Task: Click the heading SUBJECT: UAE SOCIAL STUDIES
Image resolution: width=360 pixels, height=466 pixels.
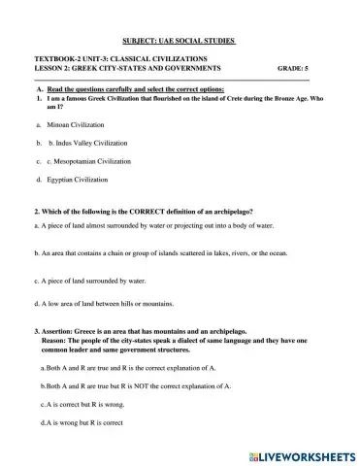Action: [180, 42]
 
